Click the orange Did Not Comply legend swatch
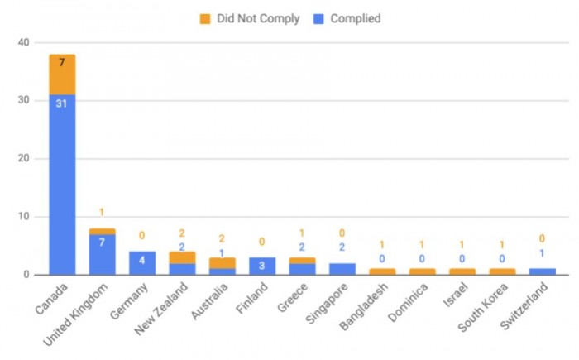coord(205,18)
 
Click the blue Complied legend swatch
coord(318,18)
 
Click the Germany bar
coord(142,263)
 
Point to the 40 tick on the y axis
coord(22,43)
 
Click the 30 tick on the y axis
coord(22,101)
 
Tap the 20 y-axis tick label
coord(22,159)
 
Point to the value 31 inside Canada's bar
coord(62,103)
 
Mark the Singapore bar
coord(342,269)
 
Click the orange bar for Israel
coord(462,271)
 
